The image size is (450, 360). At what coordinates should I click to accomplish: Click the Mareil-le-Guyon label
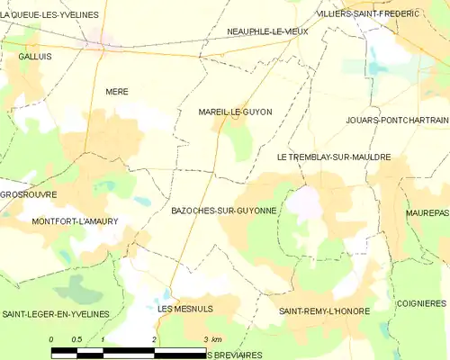pyautogui.click(x=235, y=112)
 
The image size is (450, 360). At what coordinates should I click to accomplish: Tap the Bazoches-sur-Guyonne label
pyautogui.click(x=223, y=210)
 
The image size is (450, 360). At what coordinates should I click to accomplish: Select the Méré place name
pyautogui.click(x=117, y=92)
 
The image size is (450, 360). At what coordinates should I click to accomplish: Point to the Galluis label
pyautogui.click(x=32, y=56)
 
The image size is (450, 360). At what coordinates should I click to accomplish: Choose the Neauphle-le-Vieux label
pyautogui.click(x=268, y=31)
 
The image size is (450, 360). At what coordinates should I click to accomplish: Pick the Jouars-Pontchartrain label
pyautogui.click(x=396, y=120)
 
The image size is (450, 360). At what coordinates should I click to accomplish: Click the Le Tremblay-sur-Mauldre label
pyautogui.click(x=334, y=157)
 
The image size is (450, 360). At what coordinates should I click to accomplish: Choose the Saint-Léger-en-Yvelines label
pyautogui.click(x=55, y=313)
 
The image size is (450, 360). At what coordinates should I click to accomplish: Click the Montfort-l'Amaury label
pyautogui.click(x=75, y=220)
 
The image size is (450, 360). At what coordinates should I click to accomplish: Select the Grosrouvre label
pyautogui.click(x=29, y=193)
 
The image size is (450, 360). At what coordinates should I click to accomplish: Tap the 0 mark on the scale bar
pyautogui.click(x=51, y=339)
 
